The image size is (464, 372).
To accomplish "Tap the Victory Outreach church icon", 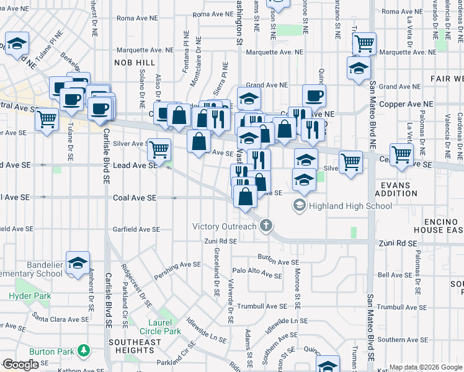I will coord(267,225).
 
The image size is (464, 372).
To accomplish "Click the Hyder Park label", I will coord(30,296).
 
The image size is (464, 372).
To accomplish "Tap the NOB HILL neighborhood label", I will coord(135,63).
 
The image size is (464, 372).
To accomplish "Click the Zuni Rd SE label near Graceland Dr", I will coord(221,241).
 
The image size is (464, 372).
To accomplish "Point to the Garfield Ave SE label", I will coord(136,229).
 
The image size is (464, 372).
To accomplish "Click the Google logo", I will coord(20,365).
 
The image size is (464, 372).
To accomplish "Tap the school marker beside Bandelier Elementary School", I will coord(78,263).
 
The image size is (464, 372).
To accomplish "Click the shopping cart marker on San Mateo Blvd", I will coord(364,44).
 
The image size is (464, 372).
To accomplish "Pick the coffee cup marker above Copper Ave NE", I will coord(315,96).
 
